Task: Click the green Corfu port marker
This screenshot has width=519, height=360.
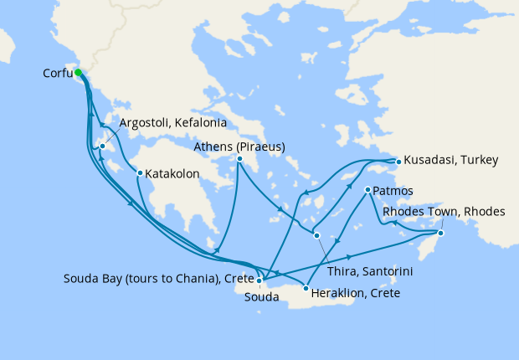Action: (x=79, y=73)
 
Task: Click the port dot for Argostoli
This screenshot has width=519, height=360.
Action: (x=102, y=147)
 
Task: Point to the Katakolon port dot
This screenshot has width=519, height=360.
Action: (x=140, y=173)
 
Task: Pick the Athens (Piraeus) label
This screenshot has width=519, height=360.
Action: (x=239, y=147)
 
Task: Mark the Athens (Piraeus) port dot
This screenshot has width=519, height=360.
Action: (x=239, y=159)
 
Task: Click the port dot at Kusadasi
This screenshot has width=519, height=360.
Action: (x=398, y=160)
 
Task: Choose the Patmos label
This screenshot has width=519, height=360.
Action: (x=393, y=191)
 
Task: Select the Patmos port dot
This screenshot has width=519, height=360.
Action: (x=367, y=191)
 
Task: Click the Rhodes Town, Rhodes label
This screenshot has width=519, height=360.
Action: (x=444, y=212)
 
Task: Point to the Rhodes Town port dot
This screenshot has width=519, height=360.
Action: (x=441, y=233)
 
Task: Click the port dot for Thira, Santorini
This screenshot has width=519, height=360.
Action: (x=316, y=235)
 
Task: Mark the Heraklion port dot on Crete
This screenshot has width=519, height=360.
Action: (x=306, y=288)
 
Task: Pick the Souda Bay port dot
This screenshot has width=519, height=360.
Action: (x=259, y=281)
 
